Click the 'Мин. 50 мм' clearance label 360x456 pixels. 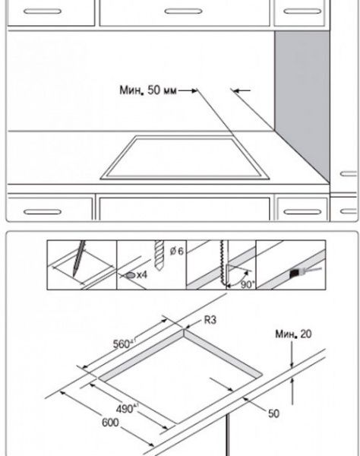click(147, 90)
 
